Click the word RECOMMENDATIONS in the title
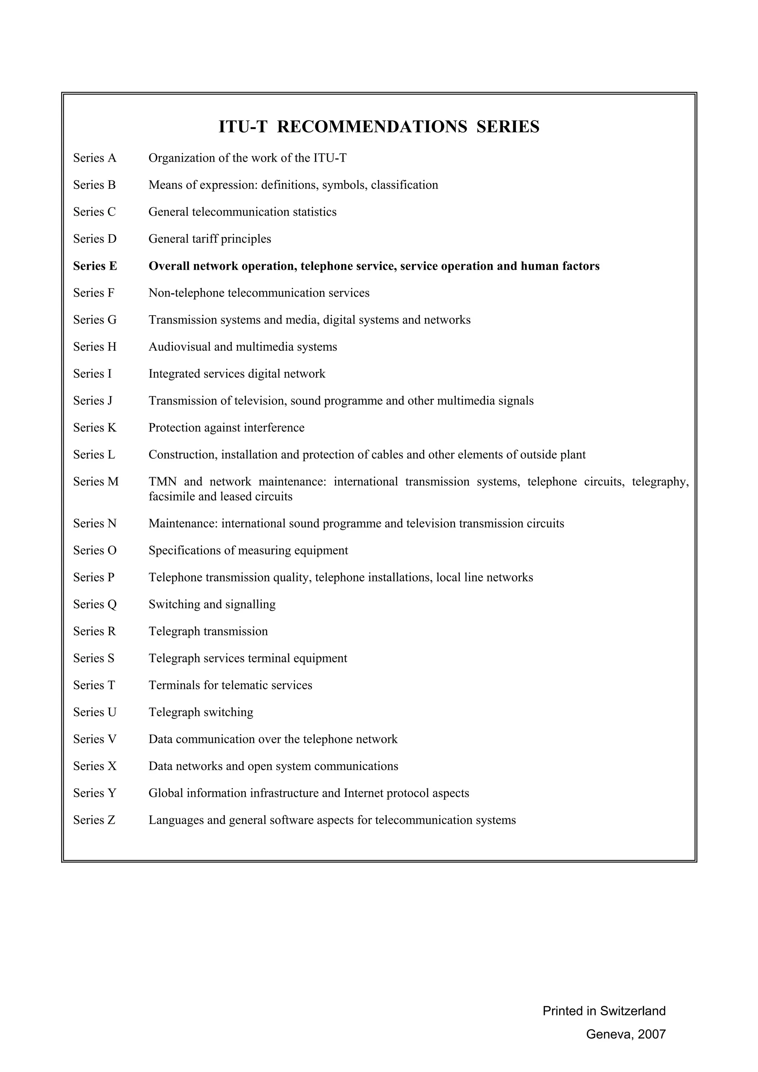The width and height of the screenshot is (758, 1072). [x=372, y=127]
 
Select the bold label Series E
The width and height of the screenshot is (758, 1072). [x=95, y=266]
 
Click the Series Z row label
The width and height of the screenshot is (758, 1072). [x=94, y=820]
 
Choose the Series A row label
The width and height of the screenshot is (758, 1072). [x=94, y=158]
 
